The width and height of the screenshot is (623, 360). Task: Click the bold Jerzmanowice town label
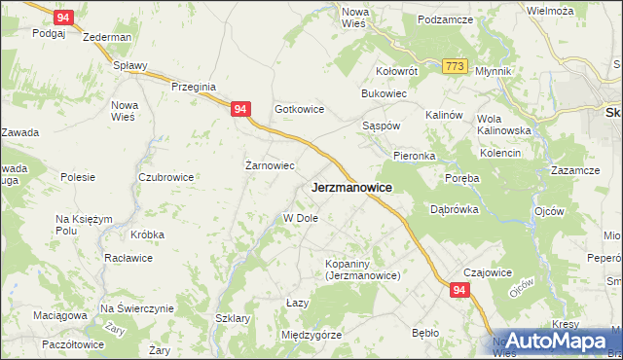(x=351, y=188)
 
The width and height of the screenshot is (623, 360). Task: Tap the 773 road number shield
(x=455, y=66)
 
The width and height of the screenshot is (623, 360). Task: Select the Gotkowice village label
(x=299, y=110)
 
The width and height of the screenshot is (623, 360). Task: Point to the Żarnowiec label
(x=269, y=165)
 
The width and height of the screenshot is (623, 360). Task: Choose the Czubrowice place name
(x=165, y=177)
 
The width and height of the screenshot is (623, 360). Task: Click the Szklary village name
(x=233, y=319)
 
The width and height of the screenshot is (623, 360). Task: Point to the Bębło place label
(x=425, y=333)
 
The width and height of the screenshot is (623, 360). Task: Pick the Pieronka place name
(x=414, y=156)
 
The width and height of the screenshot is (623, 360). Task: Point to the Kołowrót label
(x=397, y=71)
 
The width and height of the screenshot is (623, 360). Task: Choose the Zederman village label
(x=108, y=37)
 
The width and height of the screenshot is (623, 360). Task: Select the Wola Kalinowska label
(x=503, y=125)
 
